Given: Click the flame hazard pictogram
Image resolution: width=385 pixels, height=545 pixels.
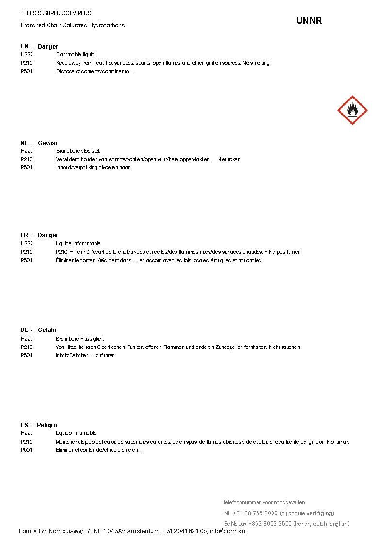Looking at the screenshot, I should (352, 110).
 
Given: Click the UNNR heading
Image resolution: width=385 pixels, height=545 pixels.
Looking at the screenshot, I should (309, 21).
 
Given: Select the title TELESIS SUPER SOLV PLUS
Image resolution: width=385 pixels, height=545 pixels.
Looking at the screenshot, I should (56, 13).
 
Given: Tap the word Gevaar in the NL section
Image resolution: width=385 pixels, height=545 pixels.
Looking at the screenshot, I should (48, 143).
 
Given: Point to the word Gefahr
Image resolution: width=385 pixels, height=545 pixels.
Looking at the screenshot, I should (47, 330).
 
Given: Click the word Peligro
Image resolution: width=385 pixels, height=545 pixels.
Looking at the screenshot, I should (47, 425).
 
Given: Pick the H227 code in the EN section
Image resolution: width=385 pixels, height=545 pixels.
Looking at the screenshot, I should (27, 55).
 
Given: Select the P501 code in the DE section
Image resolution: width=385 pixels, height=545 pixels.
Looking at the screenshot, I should (27, 356).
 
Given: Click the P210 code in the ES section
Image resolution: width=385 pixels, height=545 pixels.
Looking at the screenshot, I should (27, 442).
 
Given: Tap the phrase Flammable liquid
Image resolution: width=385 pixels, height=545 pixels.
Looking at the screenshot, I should (75, 55).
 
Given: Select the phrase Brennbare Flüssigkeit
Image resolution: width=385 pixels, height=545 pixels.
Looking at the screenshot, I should (80, 339).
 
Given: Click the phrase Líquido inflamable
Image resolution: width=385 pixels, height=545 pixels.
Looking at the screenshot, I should (76, 433).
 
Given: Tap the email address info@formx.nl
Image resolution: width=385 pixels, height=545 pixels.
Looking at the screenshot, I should (228, 531).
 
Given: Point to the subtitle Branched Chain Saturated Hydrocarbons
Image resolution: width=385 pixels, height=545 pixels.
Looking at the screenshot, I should (73, 25).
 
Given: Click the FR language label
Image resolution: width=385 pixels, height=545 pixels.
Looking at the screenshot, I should (24, 235).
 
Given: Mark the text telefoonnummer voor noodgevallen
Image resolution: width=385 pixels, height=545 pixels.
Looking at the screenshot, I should (264, 502).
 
